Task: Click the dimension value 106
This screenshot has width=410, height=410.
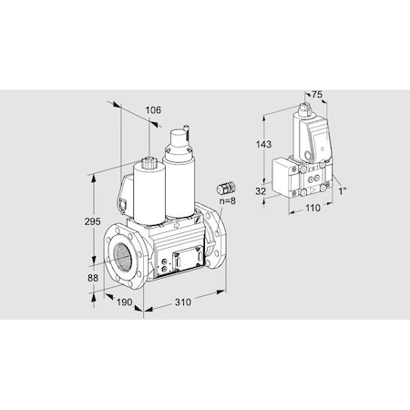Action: (x=152, y=110)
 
